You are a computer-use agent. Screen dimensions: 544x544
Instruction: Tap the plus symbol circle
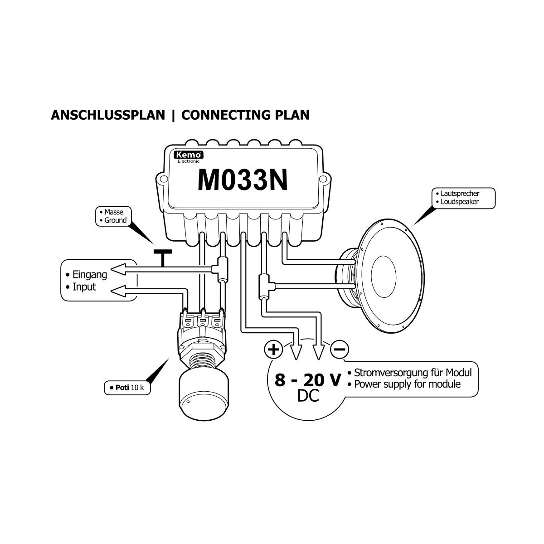273,350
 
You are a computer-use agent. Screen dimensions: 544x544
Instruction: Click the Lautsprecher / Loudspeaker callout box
462,198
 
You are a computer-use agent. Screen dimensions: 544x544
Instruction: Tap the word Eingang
89,274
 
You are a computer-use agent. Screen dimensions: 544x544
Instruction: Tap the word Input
84,287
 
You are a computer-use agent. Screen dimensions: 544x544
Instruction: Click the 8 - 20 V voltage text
307,380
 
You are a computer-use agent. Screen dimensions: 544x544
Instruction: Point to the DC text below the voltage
308,397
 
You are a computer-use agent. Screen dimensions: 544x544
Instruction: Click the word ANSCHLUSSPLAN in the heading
108,115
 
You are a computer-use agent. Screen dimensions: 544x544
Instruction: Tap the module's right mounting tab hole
325,178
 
